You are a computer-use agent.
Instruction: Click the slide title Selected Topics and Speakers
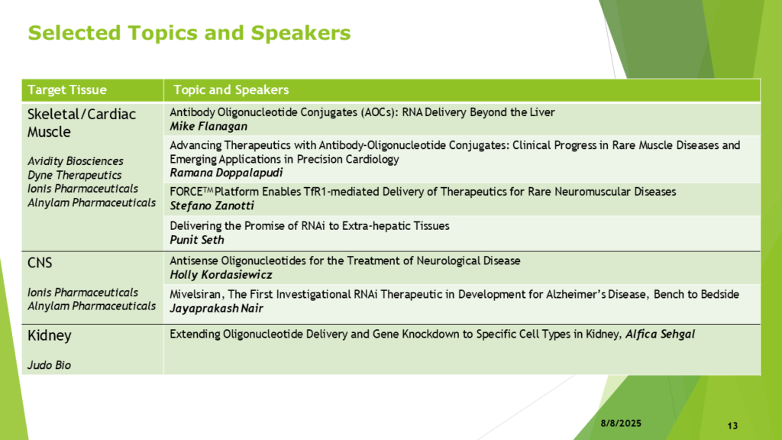pyautogui.click(x=189, y=33)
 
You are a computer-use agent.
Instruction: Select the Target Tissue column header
pyautogui.click(x=67, y=90)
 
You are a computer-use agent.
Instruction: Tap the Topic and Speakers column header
pyautogui.click(x=231, y=90)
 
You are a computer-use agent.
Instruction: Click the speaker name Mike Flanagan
pyautogui.click(x=208, y=126)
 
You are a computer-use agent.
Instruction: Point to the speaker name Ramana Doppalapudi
pyautogui.click(x=226, y=173)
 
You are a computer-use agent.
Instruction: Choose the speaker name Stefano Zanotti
pyautogui.click(x=212, y=205)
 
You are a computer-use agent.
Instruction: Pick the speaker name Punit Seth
pyautogui.click(x=197, y=240)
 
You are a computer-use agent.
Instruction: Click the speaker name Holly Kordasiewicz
pyautogui.click(x=221, y=275)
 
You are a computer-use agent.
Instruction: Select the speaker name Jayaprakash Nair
pyautogui.click(x=216, y=309)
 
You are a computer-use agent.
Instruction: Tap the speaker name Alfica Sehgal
pyautogui.click(x=660, y=335)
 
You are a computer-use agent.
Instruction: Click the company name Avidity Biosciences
pyautogui.click(x=76, y=161)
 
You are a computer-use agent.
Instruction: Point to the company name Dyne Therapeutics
pyautogui.click(x=74, y=175)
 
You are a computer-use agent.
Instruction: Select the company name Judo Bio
pyautogui.click(x=49, y=365)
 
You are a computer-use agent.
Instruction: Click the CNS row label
pyautogui.click(x=40, y=263)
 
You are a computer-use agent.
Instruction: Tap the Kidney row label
pyautogui.click(x=50, y=336)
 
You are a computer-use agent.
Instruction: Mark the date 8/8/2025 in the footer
pyautogui.click(x=621, y=423)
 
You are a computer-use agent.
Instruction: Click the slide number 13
pyautogui.click(x=732, y=425)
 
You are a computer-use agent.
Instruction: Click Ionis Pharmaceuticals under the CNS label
pyautogui.click(x=82, y=293)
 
